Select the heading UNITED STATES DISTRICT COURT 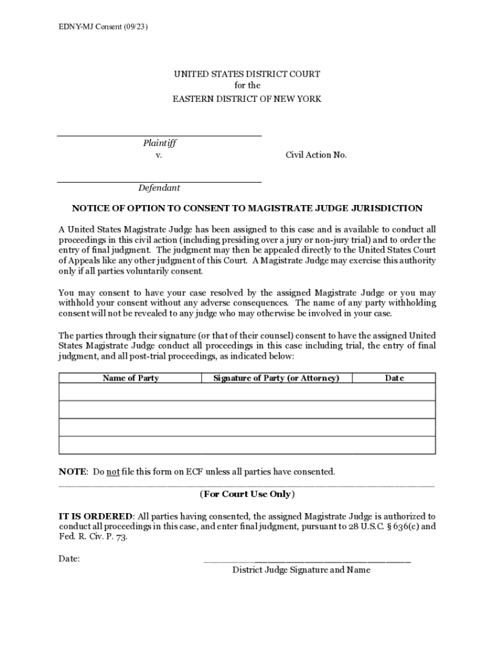(247, 74)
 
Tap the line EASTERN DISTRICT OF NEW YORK (247, 99)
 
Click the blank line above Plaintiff (159, 135)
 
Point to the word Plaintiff (159, 143)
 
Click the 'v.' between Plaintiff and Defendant (158, 155)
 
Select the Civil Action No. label (316, 155)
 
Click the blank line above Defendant (159, 182)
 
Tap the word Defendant (159, 188)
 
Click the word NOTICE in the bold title (90, 208)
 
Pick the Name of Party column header (131, 378)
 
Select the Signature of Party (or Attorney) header (276, 378)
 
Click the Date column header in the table (394, 378)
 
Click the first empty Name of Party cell (130, 392)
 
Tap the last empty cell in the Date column (394, 445)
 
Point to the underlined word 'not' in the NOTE (113, 472)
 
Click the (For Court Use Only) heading (247, 494)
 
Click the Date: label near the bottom (69, 559)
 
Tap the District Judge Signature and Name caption (301, 570)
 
